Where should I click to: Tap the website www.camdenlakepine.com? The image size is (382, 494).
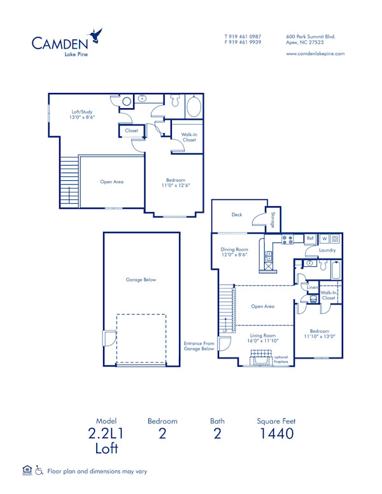click(315, 54)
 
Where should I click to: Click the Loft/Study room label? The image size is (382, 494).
click(82, 115)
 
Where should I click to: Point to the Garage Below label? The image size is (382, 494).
click(141, 279)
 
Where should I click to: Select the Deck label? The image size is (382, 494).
click(237, 215)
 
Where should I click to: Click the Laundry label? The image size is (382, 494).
click(327, 251)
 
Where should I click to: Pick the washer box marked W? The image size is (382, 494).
click(324, 239)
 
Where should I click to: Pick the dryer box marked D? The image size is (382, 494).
click(335, 239)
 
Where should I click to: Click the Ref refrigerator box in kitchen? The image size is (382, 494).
click(310, 239)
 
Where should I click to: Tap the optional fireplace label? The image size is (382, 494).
click(281, 360)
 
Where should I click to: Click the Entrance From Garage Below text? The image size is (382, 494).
click(199, 346)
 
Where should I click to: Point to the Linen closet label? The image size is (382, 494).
click(312, 288)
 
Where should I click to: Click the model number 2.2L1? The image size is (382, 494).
click(107, 434)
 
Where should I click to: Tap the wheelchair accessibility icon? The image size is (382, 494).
click(39, 471)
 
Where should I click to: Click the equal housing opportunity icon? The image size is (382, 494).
click(27, 470)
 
